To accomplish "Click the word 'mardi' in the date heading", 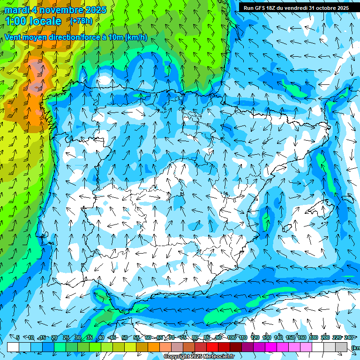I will (x=17, y=10).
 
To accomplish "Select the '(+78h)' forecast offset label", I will (x=81, y=21).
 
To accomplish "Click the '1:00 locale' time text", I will (x=33, y=21).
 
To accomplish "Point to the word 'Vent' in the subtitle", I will (x=14, y=37).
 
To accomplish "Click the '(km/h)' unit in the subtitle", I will (x=136, y=37).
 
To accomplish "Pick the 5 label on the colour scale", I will (x=18, y=337).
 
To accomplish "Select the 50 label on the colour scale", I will (x=124, y=337).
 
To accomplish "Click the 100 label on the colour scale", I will (x=231, y=337).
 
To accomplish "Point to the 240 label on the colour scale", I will (x=349, y=337).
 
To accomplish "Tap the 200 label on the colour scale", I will (x=325, y=337).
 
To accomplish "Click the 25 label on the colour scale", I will (x=66, y=337).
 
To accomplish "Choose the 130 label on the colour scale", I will (x=267, y=337).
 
